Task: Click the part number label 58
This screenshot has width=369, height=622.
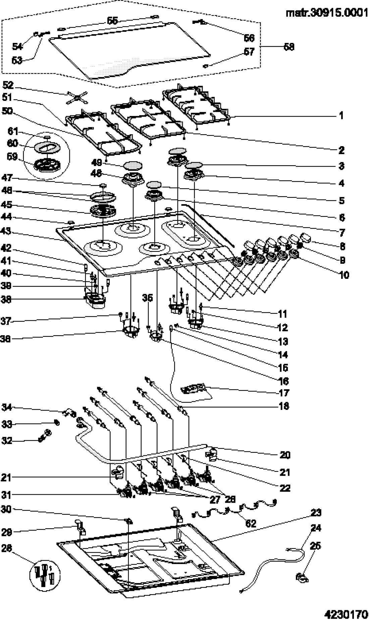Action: (x=289, y=47)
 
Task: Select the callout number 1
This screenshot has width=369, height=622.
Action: (x=341, y=116)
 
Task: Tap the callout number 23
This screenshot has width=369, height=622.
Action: (x=316, y=513)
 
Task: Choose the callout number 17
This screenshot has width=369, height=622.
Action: (x=284, y=393)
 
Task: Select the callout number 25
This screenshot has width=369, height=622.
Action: (x=315, y=546)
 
